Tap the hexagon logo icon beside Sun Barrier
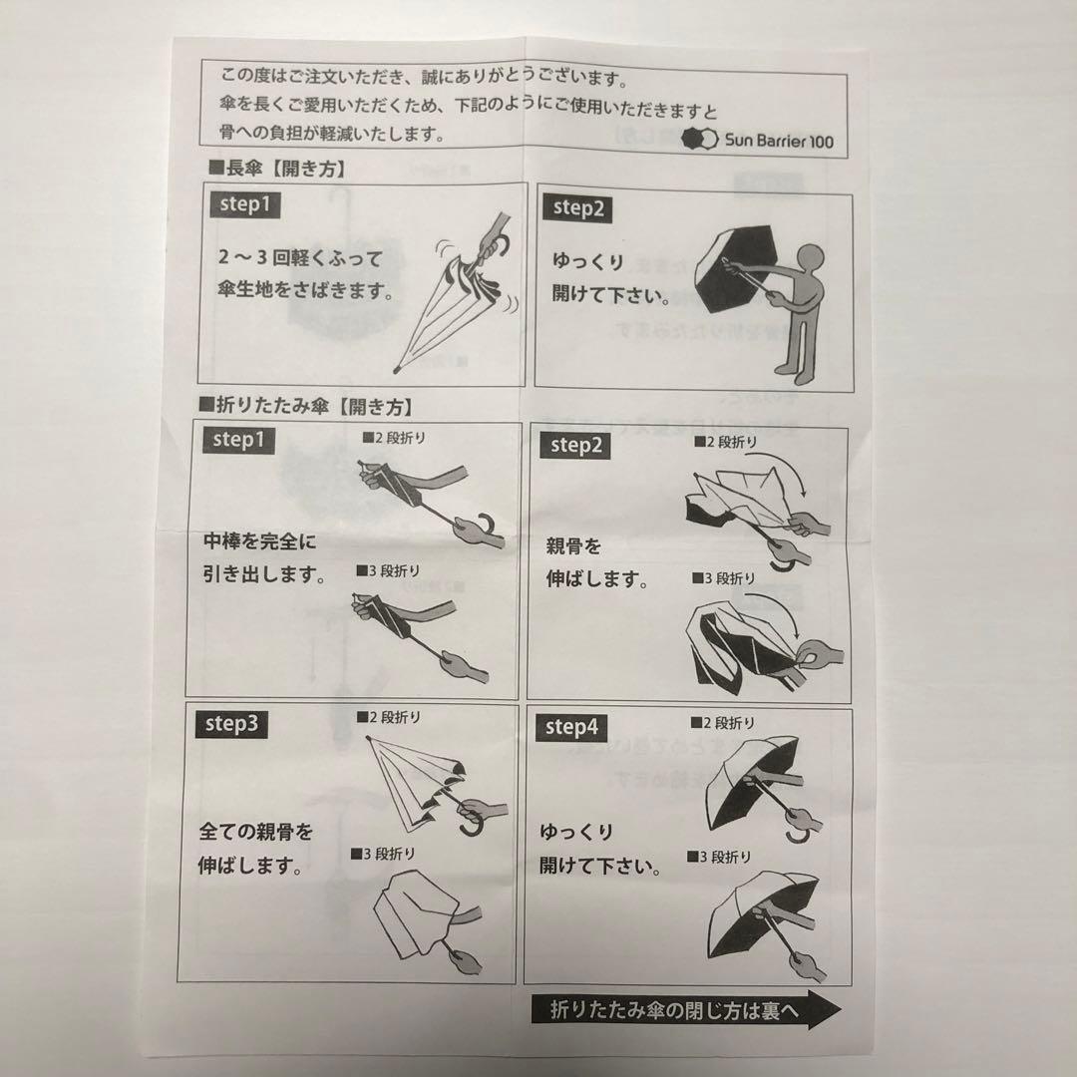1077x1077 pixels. click(699, 141)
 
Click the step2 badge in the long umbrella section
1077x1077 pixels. click(578, 207)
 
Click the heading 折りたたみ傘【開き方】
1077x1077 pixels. click(305, 406)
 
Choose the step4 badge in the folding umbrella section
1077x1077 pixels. click(572, 727)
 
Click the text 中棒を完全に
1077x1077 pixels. click(259, 543)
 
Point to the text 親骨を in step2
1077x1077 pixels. click(573, 547)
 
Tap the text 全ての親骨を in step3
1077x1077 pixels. click(256, 832)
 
